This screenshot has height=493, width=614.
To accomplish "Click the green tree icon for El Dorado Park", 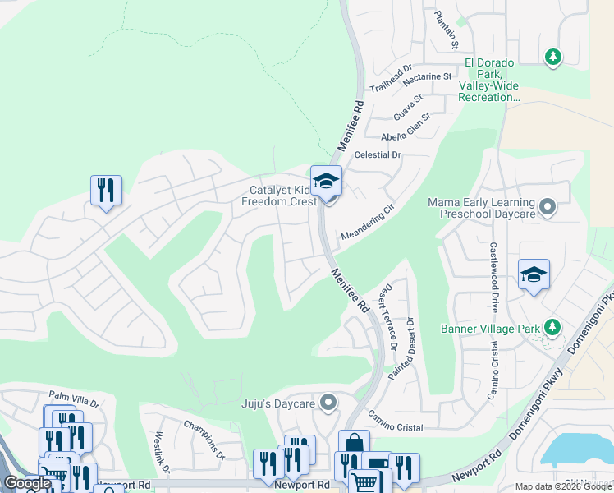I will click(553, 57).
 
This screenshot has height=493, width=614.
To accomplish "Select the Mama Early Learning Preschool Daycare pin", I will click(548, 205).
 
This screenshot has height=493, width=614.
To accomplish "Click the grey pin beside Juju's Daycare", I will click(328, 403).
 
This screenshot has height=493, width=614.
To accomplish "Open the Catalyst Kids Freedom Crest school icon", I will click(326, 182).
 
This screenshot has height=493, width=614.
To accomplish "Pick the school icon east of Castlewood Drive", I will click(534, 274).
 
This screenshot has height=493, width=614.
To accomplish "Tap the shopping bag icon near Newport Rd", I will click(354, 445).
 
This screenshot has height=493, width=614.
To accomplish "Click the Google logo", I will click(27, 483).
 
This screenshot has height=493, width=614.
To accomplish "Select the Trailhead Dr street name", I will click(391, 80).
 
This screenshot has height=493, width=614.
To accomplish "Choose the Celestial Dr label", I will click(377, 154).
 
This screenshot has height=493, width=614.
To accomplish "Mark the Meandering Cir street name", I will click(373, 220).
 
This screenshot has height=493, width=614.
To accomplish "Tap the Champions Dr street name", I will click(204, 440).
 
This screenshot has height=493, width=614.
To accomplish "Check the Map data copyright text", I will click(563, 486).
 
